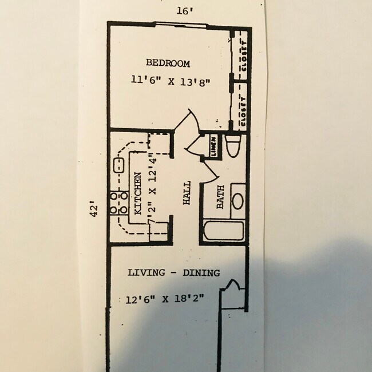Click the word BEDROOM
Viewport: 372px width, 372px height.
[x=167, y=63]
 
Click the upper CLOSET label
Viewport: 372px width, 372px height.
[x=243, y=57]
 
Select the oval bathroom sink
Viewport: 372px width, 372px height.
[x=237, y=201]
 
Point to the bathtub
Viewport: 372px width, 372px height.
[x=223, y=231]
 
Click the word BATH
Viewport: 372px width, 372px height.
[x=220, y=197]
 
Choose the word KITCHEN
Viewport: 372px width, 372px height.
[x=138, y=193]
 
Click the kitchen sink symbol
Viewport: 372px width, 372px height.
[x=120, y=166]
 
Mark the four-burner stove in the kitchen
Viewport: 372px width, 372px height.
[x=118, y=204]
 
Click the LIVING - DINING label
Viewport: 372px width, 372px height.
[x=173, y=273]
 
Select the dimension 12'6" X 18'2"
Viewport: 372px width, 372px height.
[x=165, y=299]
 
